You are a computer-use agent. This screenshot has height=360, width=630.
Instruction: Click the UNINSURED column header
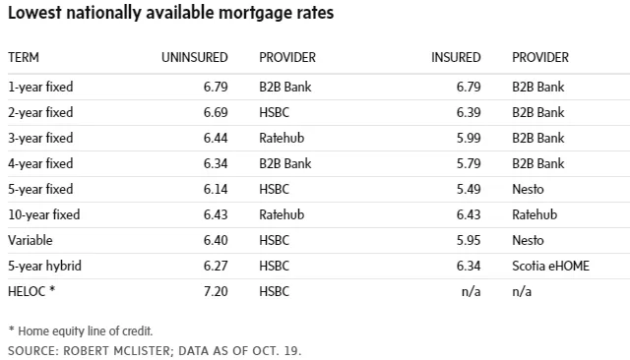point(195,57)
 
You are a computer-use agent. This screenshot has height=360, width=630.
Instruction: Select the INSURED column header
point(456,57)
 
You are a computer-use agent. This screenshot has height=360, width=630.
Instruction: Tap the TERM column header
point(24,57)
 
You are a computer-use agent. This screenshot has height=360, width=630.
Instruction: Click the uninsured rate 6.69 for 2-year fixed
point(216,112)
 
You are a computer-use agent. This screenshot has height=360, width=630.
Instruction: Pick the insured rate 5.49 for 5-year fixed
point(469,189)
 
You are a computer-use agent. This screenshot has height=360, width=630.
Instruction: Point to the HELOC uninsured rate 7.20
point(216,291)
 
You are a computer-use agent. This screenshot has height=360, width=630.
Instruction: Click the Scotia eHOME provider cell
point(551,266)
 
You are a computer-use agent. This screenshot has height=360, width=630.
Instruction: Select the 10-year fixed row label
point(43,214)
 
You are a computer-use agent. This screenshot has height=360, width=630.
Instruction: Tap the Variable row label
point(31,240)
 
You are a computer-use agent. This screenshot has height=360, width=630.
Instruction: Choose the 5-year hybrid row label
point(44,266)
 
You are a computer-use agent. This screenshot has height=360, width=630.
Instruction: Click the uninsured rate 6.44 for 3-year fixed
point(216,138)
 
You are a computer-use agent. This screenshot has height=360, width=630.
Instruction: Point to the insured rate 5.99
point(469,138)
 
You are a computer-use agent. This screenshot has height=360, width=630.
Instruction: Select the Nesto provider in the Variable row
point(528,240)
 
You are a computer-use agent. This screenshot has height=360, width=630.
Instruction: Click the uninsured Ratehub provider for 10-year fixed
point(282,214)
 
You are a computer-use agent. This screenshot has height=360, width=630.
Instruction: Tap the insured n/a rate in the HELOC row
point(472,291)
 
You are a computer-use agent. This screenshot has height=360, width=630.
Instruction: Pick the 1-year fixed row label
point(40,87)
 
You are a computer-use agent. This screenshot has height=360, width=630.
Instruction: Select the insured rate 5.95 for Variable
point(469,240)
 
